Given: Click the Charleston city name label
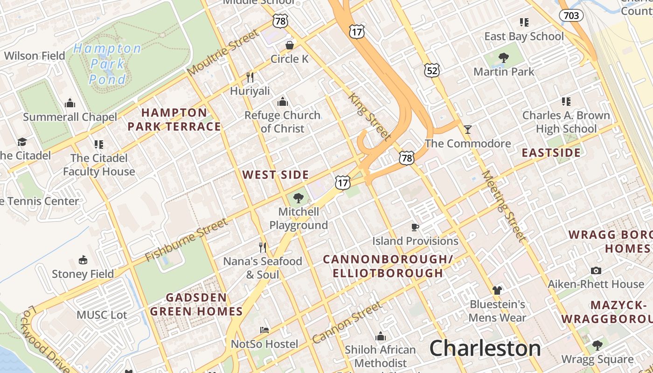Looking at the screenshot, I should [x=485, y=348].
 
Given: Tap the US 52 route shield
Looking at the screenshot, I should [x=432, y=70].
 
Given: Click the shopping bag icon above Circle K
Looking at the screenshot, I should [x=290, y=45].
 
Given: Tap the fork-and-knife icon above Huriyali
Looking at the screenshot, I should [x=250, y=77].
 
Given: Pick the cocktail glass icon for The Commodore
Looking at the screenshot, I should [x=468, y=129].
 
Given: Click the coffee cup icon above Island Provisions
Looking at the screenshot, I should [x=415, y=227].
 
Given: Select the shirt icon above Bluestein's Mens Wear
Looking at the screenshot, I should [x=497, y=290].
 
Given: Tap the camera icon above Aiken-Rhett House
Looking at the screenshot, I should [x=596, y=270].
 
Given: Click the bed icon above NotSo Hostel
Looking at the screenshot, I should [x=264, y=330].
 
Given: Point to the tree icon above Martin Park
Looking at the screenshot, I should [x=504, y=58].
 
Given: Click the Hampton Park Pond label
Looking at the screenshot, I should [x=107, y=64].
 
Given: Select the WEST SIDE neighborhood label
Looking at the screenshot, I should [x=276, y=175].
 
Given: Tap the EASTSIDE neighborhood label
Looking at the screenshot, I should [x=551, y=153].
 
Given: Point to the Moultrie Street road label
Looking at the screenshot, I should [x=223, y=52].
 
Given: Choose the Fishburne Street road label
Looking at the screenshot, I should [x=186, y=240].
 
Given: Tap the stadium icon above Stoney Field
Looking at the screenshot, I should [x=83, y=260].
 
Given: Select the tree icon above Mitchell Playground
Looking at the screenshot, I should [x=299, y=198].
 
